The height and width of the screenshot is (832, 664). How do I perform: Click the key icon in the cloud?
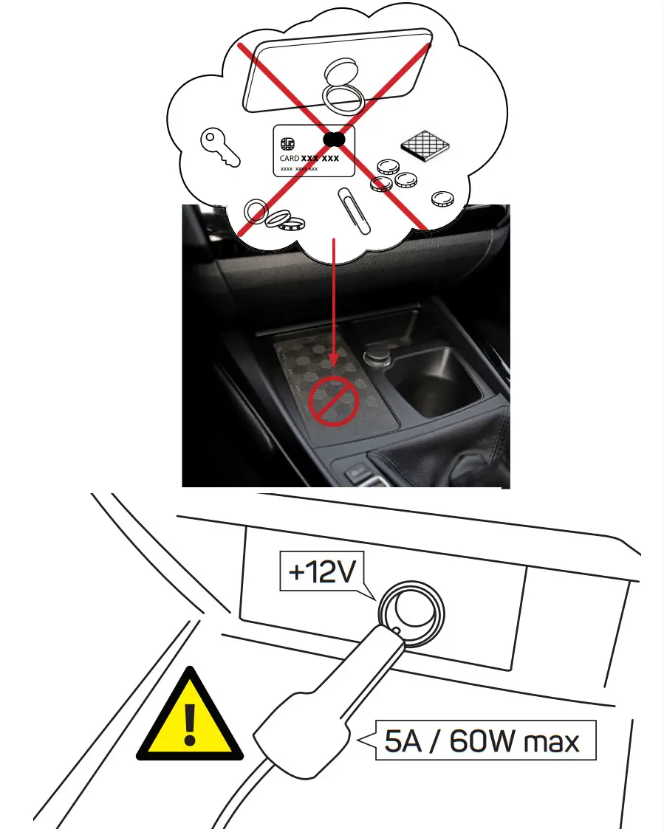click(219, 147)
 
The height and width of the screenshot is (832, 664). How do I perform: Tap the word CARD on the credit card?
click(289, 158)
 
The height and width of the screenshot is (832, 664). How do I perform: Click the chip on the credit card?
click(289, 142)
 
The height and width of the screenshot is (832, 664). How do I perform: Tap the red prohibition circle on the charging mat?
click(334, 401)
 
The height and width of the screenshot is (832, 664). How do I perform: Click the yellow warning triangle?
click(191, 718)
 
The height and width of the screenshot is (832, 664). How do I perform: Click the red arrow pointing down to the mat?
click(334, 303)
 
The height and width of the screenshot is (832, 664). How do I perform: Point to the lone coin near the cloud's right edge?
click(442, 197)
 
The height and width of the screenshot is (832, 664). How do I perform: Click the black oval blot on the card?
click(334, 138)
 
